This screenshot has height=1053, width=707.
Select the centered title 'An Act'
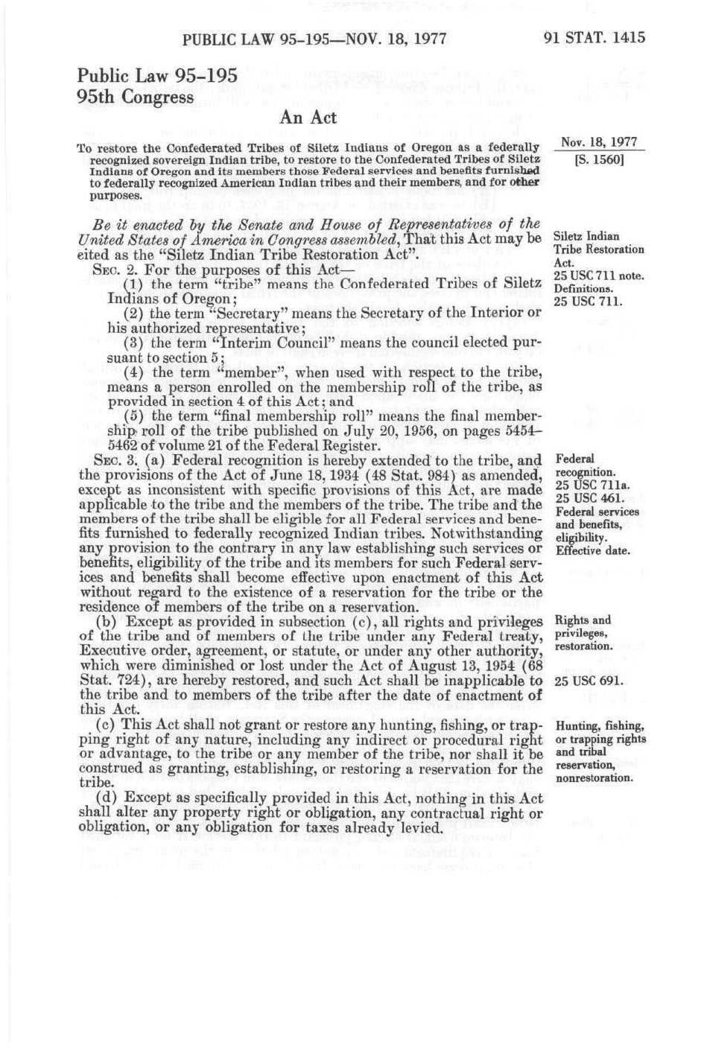[308, 118]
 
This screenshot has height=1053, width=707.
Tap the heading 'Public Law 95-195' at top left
[157, 75]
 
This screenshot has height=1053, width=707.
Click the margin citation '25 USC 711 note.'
[599, 276]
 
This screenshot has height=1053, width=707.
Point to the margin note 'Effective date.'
[593, 551]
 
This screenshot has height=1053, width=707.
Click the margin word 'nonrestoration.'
[595, 778]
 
